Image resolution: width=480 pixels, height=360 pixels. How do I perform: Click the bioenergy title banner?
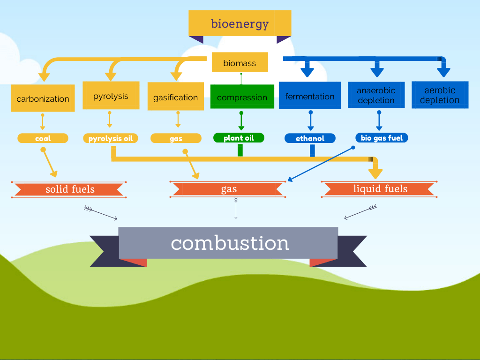(x=240, y=23)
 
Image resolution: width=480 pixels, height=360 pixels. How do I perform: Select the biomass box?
(x=240, y=62)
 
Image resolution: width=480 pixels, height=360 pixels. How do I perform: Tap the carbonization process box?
(x=43, y=98)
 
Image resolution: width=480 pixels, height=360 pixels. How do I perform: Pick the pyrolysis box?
(x=111, y=95)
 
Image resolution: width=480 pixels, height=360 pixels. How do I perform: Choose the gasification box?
(x=176, y=96)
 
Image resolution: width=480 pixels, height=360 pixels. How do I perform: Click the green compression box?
(x=242, y=97)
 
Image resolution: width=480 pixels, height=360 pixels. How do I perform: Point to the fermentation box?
(x=310, y=95)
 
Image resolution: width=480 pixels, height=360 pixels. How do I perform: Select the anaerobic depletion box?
(x=376, y=95)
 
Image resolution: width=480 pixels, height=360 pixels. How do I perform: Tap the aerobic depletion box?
(x=440, y=95)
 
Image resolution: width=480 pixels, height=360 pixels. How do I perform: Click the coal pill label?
(x=43, y=138)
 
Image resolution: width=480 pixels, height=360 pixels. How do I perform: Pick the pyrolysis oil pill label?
(x=111, y=138)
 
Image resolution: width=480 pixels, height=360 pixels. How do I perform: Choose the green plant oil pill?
(x=239, y=138)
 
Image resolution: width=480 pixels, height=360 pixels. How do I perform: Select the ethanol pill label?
(x=310, y=138)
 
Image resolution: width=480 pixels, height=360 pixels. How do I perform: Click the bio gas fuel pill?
(x=382, y=138)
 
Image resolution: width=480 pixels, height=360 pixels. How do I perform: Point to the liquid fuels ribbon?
(x=379, y=189)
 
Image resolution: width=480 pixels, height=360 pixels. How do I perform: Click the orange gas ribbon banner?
(x=228, y=189)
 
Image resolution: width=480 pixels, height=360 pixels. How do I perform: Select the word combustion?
(x=230, y=243)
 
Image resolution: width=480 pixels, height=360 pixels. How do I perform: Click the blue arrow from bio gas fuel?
(x=320, y=165)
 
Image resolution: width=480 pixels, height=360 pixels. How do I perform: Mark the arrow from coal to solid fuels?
(x=49, y=163)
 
